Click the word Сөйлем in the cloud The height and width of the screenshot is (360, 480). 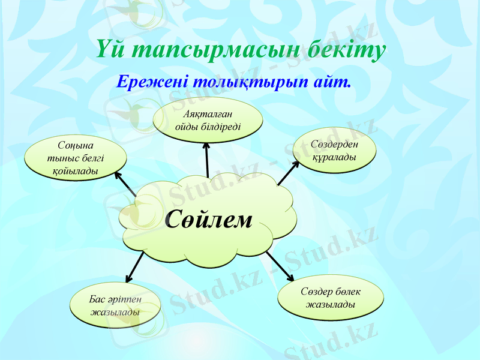pyautogui.click(x=208, y=220)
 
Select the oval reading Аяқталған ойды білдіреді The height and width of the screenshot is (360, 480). pyautogui.click(x=208, y=119)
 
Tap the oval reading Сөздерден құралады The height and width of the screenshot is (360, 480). pyautogui.click(x=334, y=150)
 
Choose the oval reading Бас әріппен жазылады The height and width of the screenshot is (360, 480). pyautogui.click(x=115, y=305)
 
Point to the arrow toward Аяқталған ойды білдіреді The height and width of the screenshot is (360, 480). pyautogui.click(x=207, y=158)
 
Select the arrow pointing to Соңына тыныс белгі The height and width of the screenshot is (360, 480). pyautogui.click(x=125, y=185)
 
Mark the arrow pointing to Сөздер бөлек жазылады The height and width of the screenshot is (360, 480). pyautogui.click(x=280, y=266)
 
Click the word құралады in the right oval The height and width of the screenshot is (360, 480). pyautogui.click(x=334, y=157)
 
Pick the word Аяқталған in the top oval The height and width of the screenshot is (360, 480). pyautogui.click(x=208, y=113)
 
